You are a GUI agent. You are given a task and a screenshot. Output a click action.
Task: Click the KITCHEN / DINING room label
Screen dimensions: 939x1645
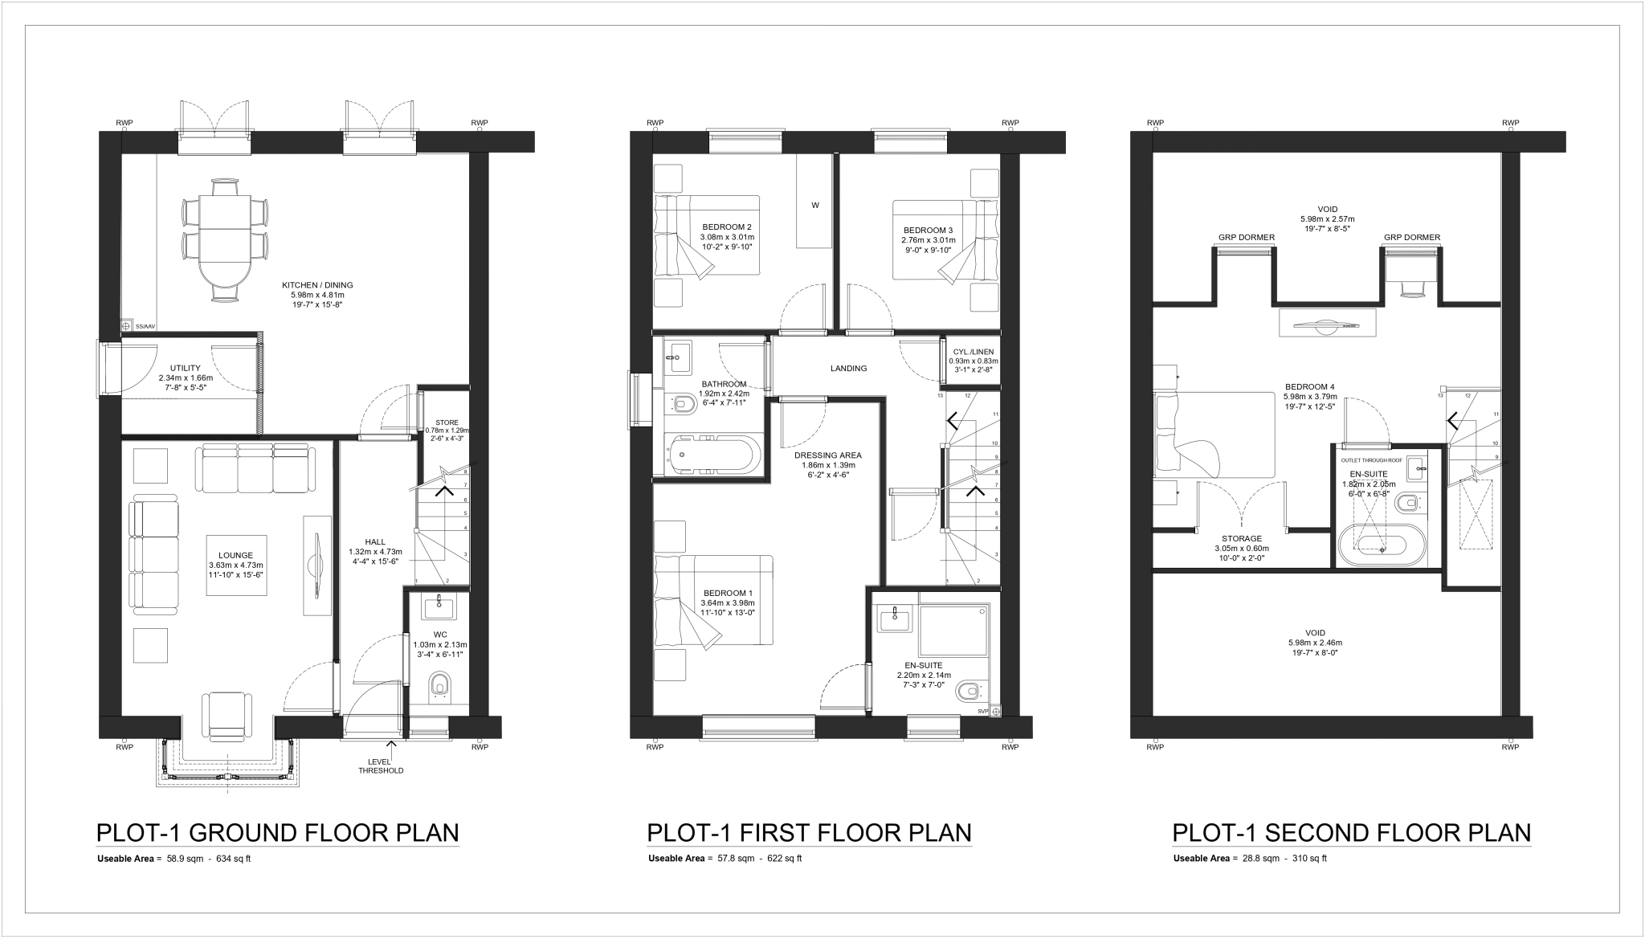pos(317,285)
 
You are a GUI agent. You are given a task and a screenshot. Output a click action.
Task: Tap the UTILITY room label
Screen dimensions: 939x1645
pos(186,368)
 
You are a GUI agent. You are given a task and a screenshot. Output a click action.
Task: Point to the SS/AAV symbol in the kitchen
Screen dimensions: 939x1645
pos(127,326)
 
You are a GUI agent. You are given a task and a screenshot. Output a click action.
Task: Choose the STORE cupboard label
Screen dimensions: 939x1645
pos(447,423)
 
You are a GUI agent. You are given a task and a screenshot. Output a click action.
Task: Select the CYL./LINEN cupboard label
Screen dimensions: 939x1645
pos(974,352)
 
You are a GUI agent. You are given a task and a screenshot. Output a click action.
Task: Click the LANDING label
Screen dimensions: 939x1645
pos(848,369)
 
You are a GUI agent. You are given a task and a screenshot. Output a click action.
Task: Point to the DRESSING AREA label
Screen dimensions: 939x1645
pos(827,455)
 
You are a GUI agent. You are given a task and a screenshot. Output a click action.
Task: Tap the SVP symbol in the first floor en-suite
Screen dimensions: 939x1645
pos(996,711)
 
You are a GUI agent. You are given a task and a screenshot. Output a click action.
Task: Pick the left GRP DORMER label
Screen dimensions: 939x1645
pos(1246,238)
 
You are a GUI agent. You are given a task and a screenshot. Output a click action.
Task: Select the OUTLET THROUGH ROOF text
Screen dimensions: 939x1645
pos(1371,460)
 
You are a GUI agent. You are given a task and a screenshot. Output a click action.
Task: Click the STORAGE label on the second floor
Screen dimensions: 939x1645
pos(1242,539)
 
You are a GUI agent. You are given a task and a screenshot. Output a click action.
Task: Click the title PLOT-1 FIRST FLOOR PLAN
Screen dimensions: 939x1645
pos(809,832)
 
